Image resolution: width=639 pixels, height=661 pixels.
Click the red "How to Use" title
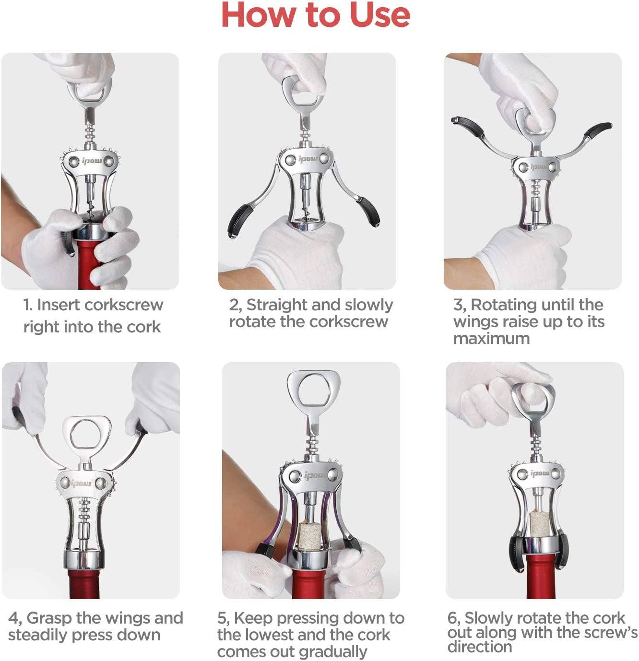click(316, 15)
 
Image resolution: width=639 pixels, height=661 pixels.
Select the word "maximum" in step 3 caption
click(491, 338)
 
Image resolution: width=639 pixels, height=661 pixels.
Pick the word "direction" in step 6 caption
click(480, 647)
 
